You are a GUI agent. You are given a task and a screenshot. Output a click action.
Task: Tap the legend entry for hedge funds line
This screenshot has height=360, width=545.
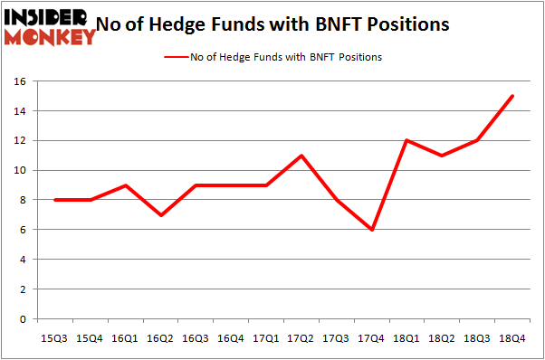click(272, 57)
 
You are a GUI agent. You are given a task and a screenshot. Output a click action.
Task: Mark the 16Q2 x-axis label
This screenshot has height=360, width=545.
click(161, 338)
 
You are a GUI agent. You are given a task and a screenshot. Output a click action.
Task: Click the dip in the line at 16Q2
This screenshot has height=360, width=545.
click(161, 215)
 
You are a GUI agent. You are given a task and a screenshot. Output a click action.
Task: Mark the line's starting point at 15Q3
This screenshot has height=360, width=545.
click(56, 200)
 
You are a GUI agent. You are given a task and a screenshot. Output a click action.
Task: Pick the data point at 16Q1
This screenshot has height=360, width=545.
click(127, 185)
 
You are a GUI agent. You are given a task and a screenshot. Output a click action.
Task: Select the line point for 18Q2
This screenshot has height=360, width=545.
click(443, 156)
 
